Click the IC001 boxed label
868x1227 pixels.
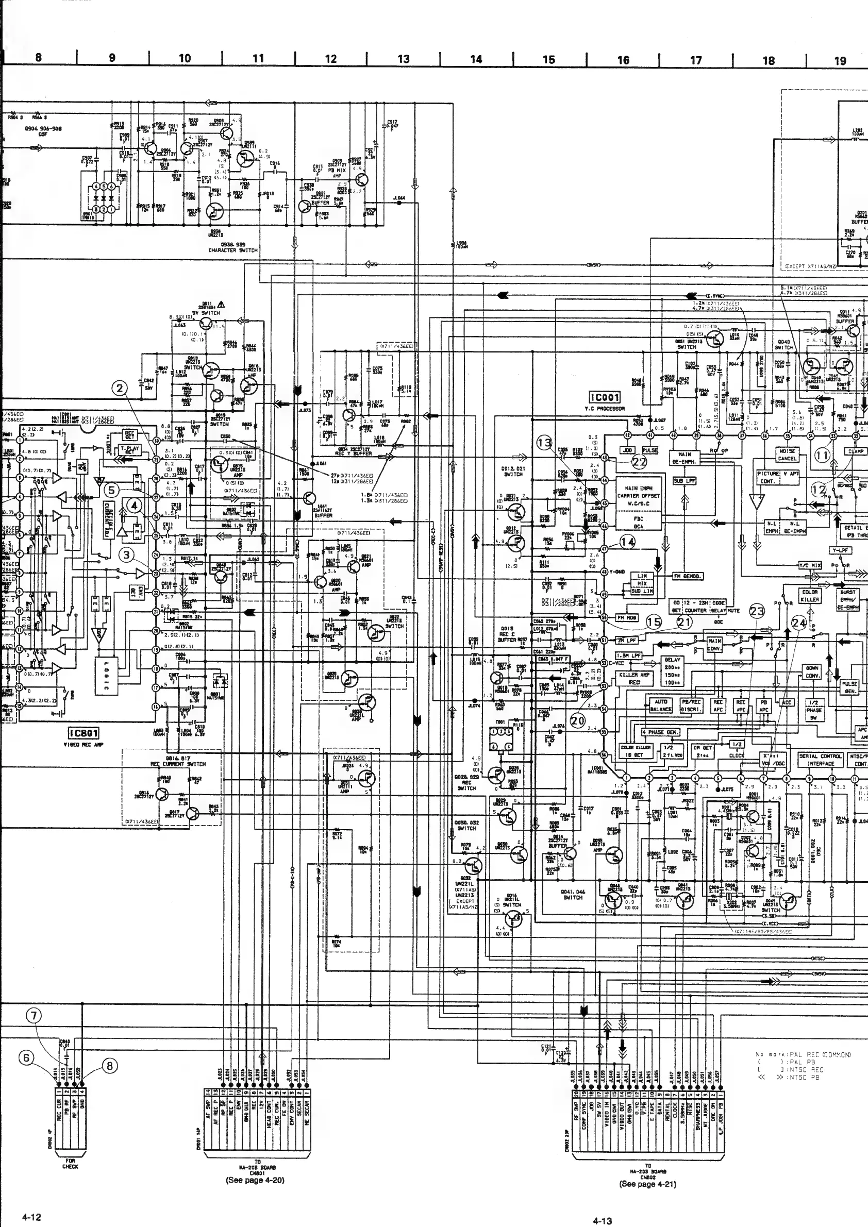pos(605,397)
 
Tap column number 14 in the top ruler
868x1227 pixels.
pos(476,59)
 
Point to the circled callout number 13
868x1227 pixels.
pos(545,443)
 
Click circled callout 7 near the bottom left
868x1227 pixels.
pos(34,1015)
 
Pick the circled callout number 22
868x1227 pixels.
pos(639,463)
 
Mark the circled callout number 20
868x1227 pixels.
pos(578,720)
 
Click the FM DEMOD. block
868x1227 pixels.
pos(688,576)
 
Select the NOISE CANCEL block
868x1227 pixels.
pos(787,455)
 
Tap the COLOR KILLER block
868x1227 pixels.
pos(810,596)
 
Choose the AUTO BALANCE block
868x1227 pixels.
pos(661,705)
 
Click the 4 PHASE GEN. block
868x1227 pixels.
pos(661,732)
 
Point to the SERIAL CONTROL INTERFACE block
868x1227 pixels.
pos(821,760)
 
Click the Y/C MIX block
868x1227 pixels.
pos(810,565)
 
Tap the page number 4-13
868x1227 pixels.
pos(603,1221)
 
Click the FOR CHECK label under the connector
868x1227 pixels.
pos(70,1163)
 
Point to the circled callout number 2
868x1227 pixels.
pos(119,389)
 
